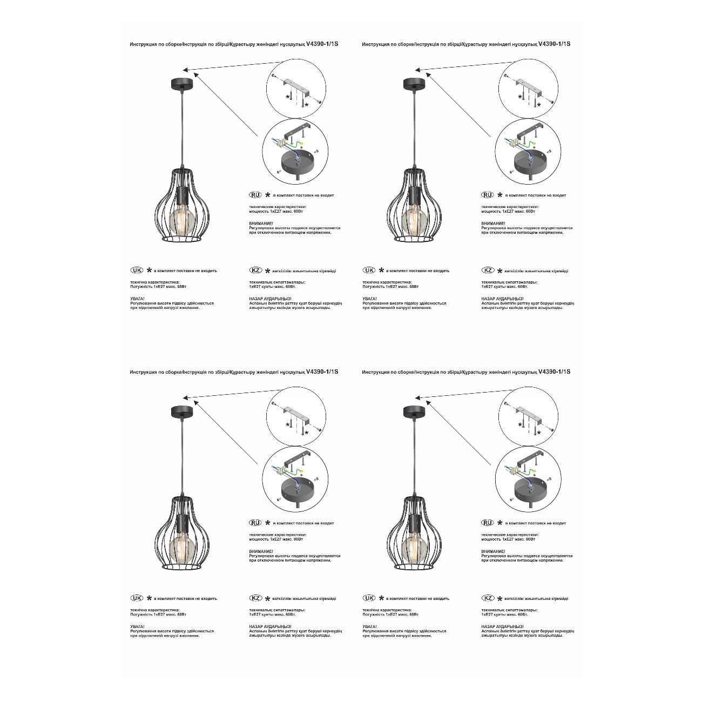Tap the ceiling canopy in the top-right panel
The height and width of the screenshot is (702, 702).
coord(414,84)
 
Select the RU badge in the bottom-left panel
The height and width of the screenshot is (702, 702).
coord(255,523)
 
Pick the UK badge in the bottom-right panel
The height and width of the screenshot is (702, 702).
coord(369,598)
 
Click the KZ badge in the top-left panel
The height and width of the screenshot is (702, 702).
coord(255,270)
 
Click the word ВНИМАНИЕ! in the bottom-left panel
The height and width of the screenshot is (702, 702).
coord(261,551)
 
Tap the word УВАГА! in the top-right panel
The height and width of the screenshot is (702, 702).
coord(370,299)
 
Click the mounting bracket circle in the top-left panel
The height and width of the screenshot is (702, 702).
coord(296,89)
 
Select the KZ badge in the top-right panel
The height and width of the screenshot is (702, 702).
coord(488,270)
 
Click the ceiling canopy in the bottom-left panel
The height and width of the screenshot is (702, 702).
coord(182,411)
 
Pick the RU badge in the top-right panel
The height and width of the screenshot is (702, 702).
coord(487,194)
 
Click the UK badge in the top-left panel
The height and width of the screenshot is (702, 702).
coord(137,270)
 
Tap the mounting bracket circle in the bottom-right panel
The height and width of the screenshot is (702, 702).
coord(529,417)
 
